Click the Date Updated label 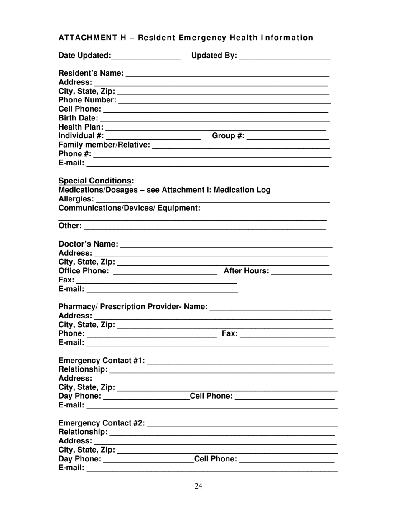point(84,56)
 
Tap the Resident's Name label point(91,74)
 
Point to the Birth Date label point(78,118)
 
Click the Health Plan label point(81,127)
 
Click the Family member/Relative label point(104,145)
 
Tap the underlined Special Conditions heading point(95,181)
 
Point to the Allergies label point(76,199)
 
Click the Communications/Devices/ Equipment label point(129,208)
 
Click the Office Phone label point(84,271)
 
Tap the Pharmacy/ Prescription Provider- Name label point(132,307)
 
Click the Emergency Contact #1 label point(102,360)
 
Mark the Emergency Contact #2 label point(102,423)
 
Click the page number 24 point(198,486)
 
